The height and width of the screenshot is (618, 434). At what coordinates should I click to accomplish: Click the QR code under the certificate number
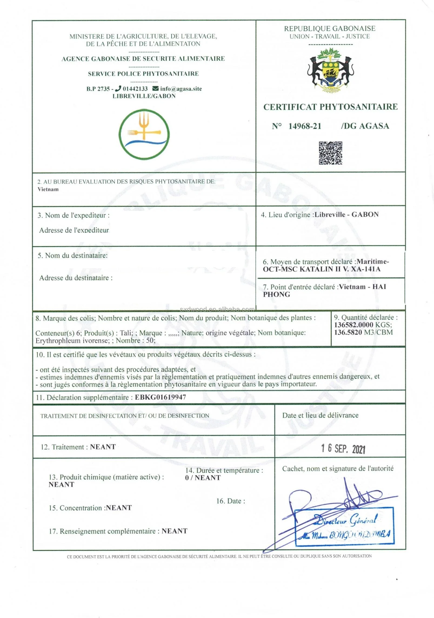pos(330,153)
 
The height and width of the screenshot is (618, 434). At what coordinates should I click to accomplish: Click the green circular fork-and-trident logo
pos(144,134)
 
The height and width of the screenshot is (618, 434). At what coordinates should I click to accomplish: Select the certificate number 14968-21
pos(305,126)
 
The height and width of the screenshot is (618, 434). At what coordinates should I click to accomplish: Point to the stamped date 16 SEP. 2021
pos(343,449)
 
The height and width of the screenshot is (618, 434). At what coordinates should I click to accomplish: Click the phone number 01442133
pos(135,89)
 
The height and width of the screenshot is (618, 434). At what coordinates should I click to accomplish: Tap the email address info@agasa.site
pos(181,89)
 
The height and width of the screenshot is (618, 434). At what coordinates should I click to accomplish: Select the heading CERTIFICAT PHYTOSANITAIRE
pos(330,107)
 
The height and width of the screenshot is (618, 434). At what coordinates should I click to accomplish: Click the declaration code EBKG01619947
pos(160,397)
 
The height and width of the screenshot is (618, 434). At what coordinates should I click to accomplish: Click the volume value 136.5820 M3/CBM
pos(363,332)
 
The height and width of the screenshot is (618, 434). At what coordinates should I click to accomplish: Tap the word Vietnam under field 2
pos(48,189)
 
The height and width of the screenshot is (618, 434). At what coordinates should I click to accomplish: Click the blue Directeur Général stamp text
pos(345,520)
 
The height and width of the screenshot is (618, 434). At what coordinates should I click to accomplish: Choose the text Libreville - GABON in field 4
pos(346,215)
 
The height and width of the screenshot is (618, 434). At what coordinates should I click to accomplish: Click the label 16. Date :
pos(231,501)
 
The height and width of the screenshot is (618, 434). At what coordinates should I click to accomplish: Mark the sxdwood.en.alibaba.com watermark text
pos(217,310)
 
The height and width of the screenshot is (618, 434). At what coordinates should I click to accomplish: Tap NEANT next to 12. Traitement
pos(103,447)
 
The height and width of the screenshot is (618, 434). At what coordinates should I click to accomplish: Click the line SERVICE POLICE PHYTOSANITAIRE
pos(143,74)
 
